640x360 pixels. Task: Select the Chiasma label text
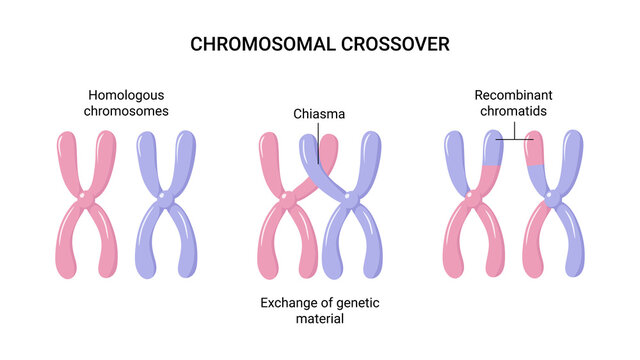[319, 114]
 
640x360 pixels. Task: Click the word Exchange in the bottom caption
[291, 303]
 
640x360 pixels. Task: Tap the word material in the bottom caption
[319, 320]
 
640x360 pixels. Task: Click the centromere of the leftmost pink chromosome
[88, 202]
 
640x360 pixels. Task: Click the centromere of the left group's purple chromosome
[167, 203]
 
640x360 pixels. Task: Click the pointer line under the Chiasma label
[319, 140]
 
